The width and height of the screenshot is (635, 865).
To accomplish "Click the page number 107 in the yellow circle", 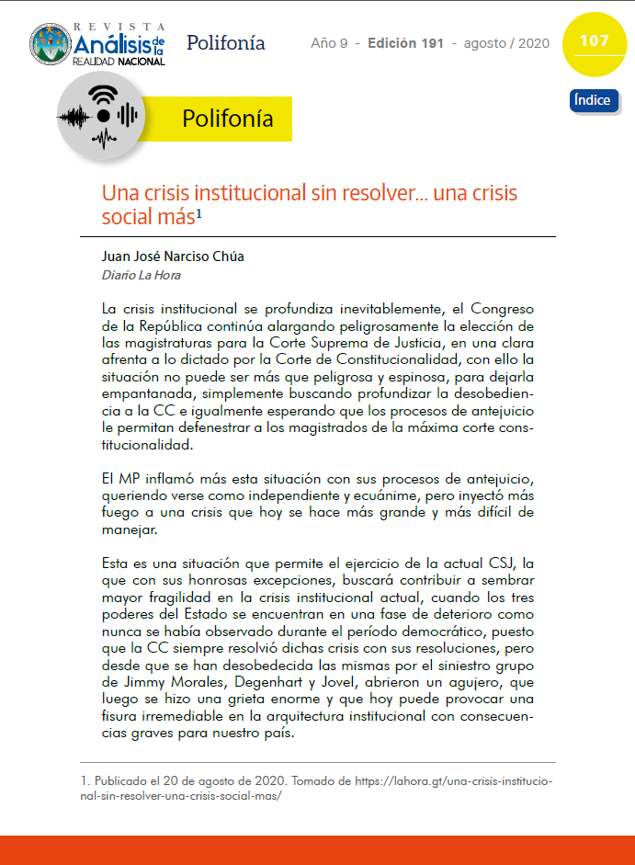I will (x=595, y=41).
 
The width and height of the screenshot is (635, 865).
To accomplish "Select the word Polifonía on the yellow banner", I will (x=228, y=120).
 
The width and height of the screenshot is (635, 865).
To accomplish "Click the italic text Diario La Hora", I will (x=141, y=275).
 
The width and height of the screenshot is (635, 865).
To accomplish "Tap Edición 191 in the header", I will (x=405, y=43).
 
